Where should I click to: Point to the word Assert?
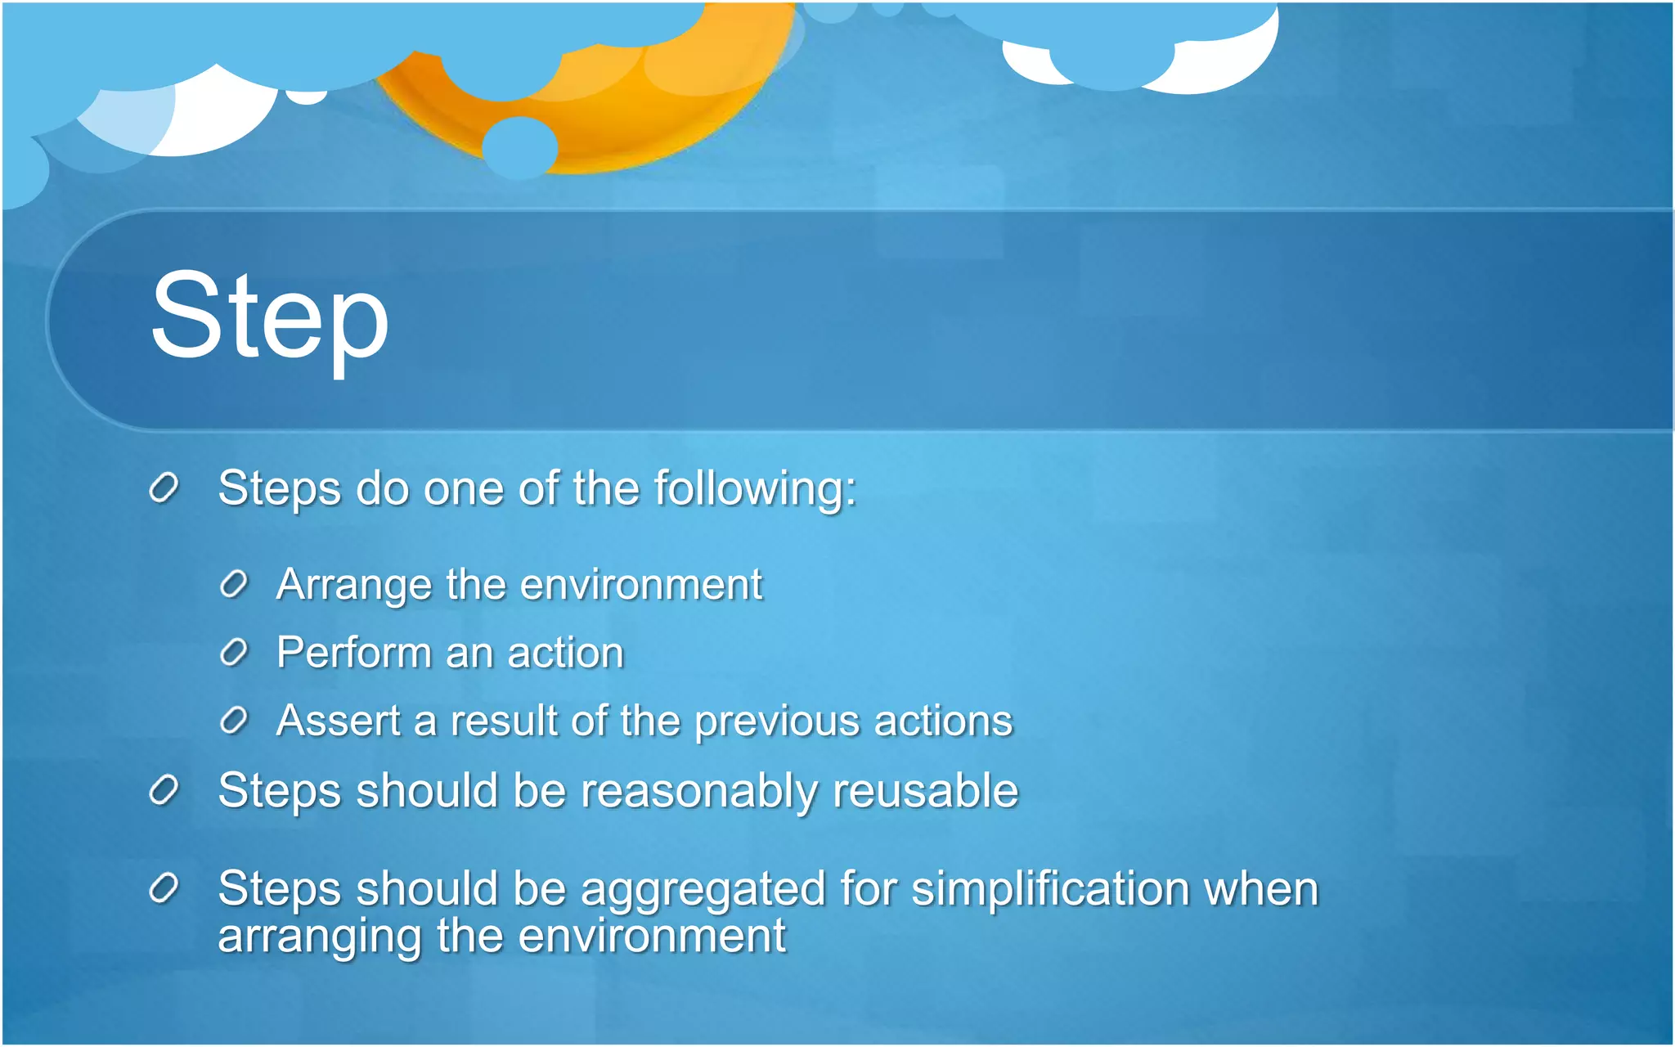coord(339,721)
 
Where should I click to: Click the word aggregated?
coord(703,891)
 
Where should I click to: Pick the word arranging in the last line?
coord(319,937)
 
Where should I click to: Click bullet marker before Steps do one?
coord(164,488)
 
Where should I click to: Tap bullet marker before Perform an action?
coord(234,653)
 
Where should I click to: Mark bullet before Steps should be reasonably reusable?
coord(164,790)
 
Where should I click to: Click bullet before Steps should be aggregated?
coord(164,888)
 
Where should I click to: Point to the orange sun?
coord(622,106)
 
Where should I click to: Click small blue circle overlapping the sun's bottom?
coord(519,148)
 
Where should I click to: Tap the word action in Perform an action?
coord(565,654)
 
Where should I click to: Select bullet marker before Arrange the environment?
coord(234,585)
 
